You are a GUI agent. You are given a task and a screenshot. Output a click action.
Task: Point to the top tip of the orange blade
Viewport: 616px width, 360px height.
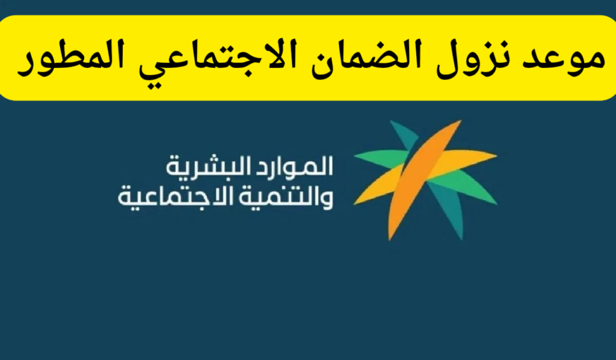[460, 122]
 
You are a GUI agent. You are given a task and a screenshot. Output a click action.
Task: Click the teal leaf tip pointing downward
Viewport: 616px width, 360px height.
[460, 238]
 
